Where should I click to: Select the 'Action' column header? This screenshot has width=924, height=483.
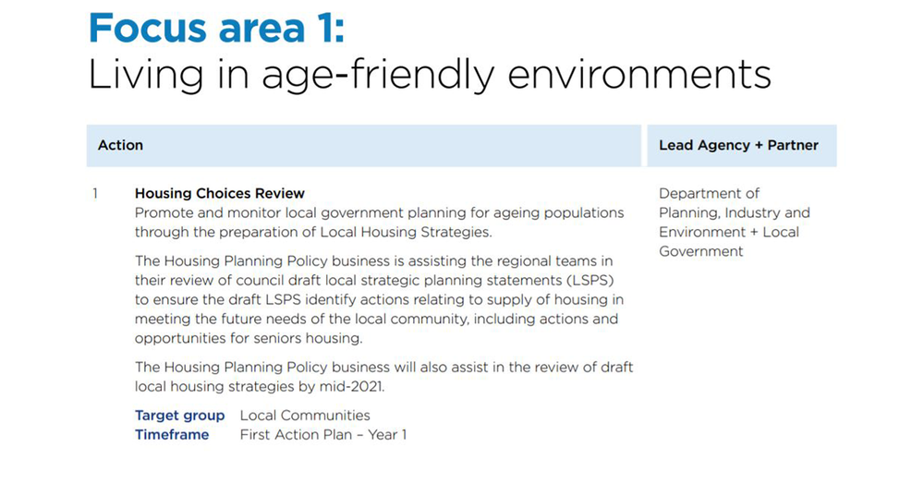click(x=120, y=145)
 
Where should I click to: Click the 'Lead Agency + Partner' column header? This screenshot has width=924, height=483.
click(x=738, y=145)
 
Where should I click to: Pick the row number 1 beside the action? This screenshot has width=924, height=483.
click(x=95, y=194)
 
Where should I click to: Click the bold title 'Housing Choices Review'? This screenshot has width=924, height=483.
click(x=220, y=194)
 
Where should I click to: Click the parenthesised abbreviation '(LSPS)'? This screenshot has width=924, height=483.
click(x=590, y=280)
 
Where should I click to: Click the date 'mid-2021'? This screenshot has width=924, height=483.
click(x=352, y=387)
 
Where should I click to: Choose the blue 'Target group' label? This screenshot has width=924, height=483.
click(x=179, y=416)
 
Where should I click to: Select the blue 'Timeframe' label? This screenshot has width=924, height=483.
click(x=172, y=435)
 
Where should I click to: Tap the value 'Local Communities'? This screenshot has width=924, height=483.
click(x=305, y=416)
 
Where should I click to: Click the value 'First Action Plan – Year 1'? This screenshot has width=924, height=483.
click(x=323, y=435)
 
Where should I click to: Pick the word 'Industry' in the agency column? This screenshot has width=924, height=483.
click(x=753, y=213)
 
